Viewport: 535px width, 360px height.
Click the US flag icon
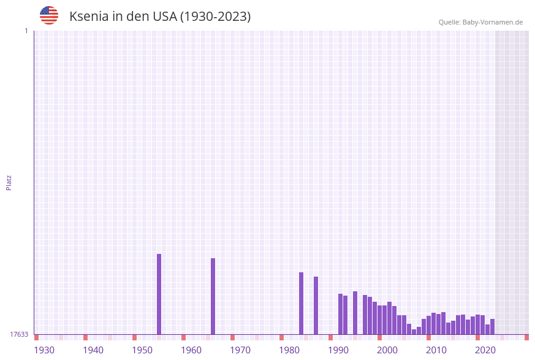49,15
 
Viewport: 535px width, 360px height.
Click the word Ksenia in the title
89,17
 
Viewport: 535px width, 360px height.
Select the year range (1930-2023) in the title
215,17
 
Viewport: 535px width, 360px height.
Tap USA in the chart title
163,17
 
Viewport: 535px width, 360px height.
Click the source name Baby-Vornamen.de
493,22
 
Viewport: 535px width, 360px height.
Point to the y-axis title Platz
9,182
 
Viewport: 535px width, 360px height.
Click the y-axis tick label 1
26,31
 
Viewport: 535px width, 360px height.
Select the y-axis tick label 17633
19,334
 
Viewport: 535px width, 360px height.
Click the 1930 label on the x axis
44,350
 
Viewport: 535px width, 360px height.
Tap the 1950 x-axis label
142,350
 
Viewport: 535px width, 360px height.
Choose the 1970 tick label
240,350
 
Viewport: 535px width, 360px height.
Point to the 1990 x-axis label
338,350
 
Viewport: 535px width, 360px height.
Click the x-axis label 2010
436,350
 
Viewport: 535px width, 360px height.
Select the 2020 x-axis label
485,350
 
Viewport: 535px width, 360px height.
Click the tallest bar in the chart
159,294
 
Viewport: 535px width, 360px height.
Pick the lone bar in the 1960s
213,296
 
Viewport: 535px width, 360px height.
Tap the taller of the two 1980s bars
301,303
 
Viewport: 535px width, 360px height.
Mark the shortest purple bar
414,332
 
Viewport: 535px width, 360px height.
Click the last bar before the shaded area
492,326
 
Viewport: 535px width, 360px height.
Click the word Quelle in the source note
449,22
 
